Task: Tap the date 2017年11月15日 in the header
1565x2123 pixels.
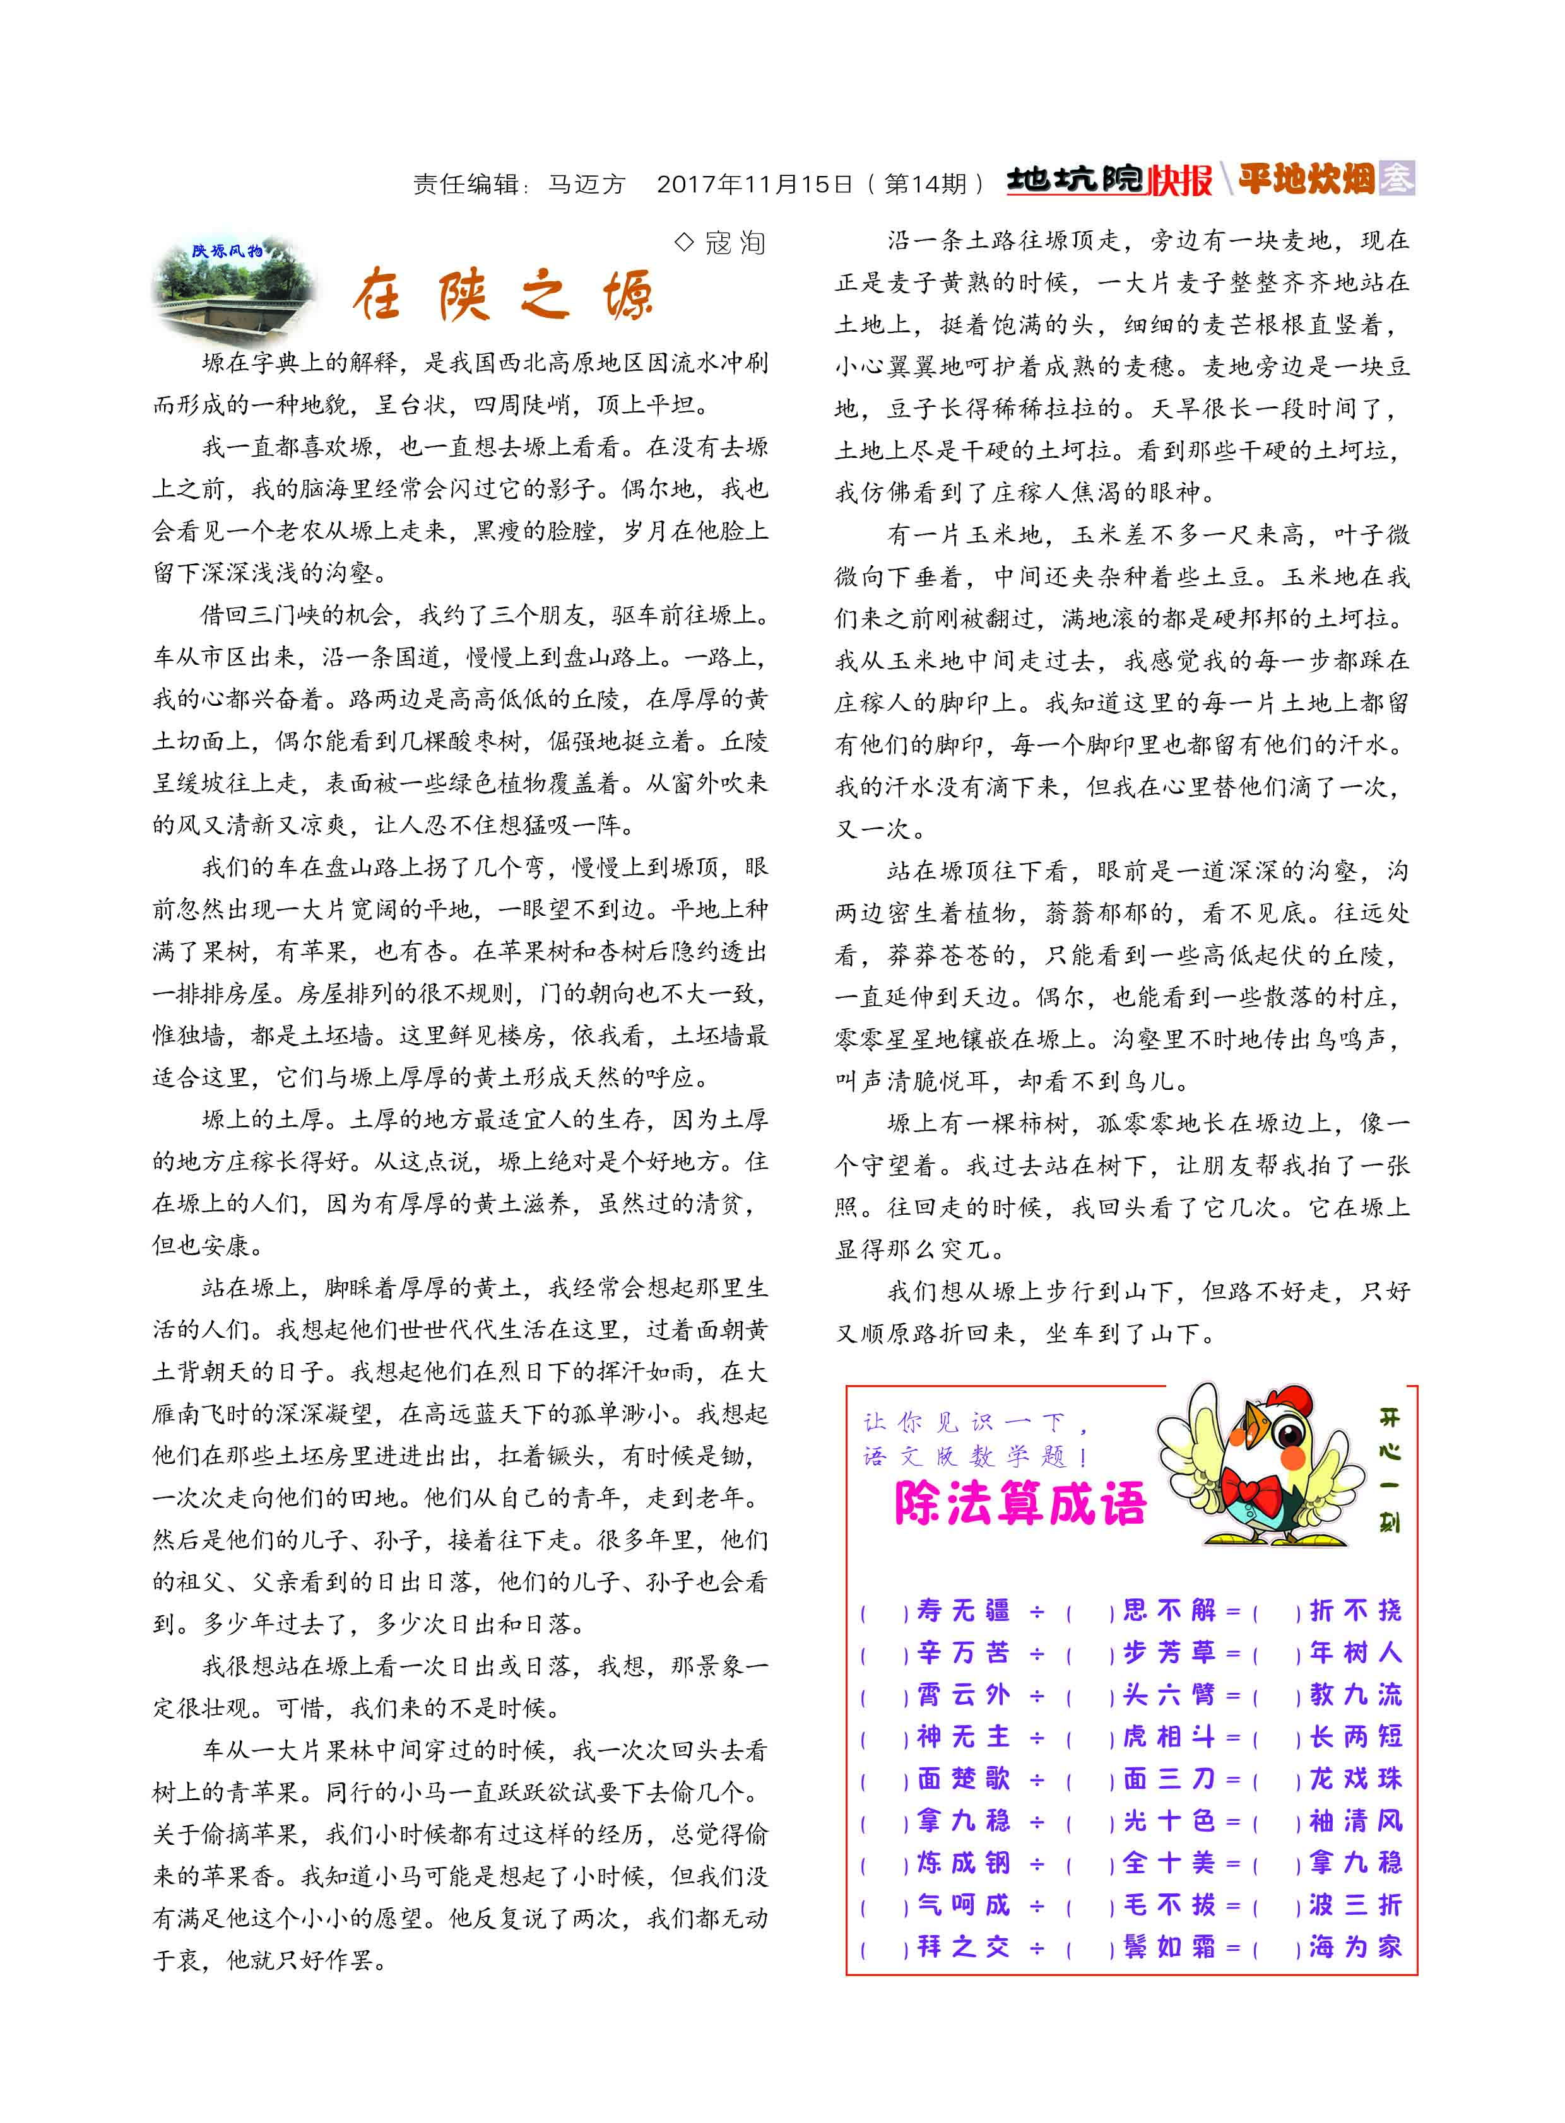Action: pos(754,183)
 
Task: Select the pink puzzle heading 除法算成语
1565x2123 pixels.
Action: pos(1020,1503)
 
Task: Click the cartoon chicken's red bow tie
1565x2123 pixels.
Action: pos(1253,1492)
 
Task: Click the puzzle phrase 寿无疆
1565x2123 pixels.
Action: pos(962,1611)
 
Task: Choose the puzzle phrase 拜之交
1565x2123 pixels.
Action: pos(962,1947)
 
